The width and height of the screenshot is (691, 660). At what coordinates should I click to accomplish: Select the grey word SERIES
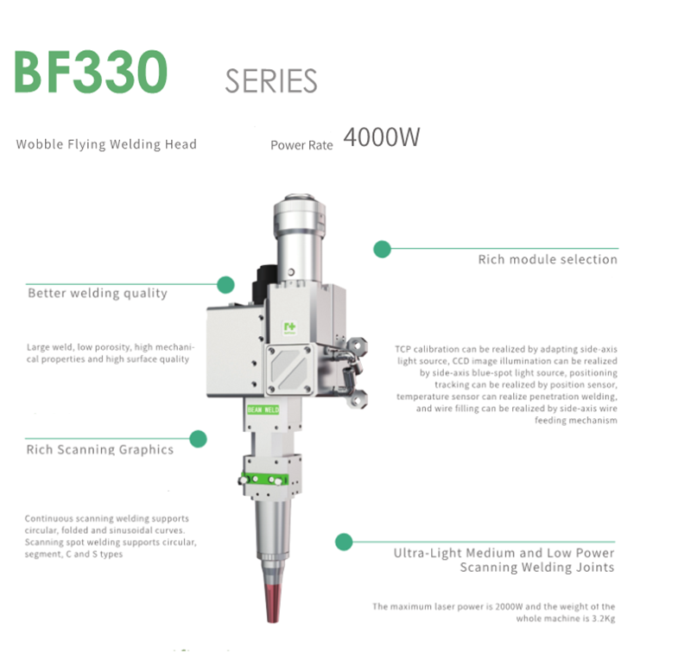(270, 81)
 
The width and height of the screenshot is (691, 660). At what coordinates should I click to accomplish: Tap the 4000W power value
(381, 137)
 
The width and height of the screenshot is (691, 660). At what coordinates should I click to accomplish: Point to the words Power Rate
(301, 145)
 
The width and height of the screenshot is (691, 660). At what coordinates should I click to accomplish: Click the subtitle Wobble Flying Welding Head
(106, 144)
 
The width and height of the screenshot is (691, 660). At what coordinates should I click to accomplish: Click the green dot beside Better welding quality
(225, 284)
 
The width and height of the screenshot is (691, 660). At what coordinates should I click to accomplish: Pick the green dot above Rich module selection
(382, 250)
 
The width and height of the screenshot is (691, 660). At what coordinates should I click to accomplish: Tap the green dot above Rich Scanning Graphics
(199, 439)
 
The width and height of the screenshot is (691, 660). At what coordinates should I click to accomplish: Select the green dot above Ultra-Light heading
(344, 542)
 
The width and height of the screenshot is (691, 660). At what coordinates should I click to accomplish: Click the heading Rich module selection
(548, 259)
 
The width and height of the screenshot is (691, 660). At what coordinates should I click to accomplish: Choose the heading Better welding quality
(98, 294)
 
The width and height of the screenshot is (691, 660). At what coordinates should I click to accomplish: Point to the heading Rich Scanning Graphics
(99, 449)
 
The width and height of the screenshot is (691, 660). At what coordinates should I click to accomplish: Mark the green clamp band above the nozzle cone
(267, 480)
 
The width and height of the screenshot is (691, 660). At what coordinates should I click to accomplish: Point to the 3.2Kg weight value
(601, 619)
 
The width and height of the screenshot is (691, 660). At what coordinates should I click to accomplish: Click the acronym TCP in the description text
(403, 349)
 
